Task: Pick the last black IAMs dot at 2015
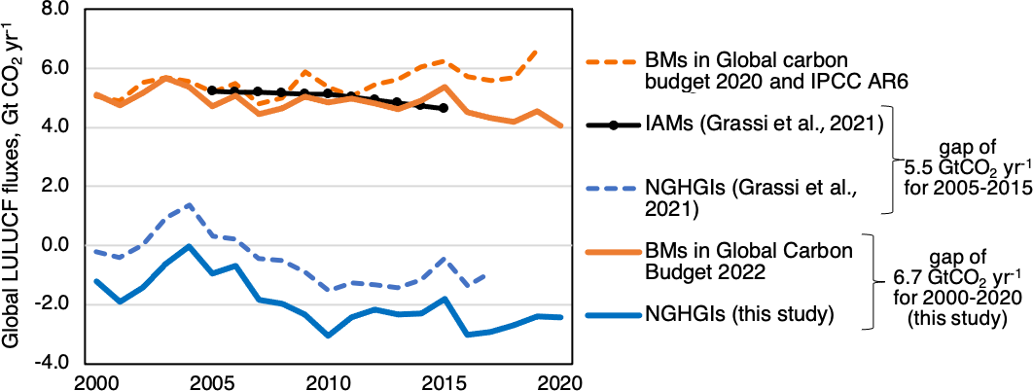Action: (x=445, y=108)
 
